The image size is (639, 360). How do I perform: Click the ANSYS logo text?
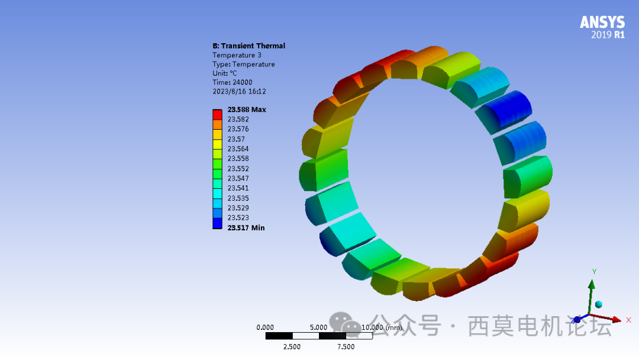(x=602, y=22)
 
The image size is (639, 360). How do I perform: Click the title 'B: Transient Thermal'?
(x=248, y=46)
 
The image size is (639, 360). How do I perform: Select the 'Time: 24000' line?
(x=232, y=82)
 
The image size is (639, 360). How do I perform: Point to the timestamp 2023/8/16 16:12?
(x=239, y=92)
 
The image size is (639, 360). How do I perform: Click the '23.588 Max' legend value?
(x=247, y=110)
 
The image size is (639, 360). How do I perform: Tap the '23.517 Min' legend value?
(x=246, y=228)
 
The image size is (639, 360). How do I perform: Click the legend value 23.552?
(x=238, y=169)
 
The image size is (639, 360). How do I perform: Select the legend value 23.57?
(x=236, y=139)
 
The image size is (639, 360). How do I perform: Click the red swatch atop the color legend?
(x=217, y=114)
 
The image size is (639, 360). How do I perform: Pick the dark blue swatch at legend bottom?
(x=217, y=223)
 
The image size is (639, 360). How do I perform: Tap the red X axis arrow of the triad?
(x=615, y=320)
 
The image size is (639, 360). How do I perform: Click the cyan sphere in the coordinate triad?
(x=598, y=304)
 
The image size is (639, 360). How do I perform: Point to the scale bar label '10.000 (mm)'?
(x=382, y=327)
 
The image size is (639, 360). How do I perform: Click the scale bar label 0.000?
(x=265, y=327)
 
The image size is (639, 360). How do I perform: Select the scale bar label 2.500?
(x=292, y=347)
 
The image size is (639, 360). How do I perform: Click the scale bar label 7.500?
(x=346, y=347)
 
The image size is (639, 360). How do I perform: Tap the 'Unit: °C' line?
(x=225, y=73)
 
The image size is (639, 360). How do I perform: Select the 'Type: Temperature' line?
(x=243, y=64)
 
